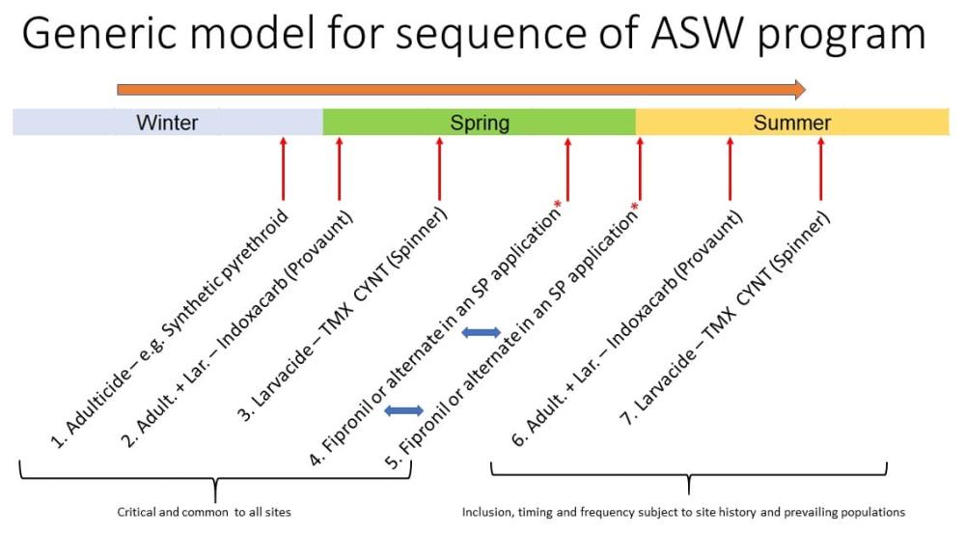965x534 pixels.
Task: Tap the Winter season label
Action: (167, 123)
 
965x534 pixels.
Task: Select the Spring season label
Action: (480, 123)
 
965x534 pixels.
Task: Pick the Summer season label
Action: (792, 123)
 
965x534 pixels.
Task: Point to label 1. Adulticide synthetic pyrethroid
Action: (169, 328)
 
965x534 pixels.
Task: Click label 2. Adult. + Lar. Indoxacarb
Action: (237, 329)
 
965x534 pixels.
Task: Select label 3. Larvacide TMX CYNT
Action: (343, 315)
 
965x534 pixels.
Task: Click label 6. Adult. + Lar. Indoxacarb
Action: (627, 327)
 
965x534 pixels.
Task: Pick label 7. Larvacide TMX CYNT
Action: (725, 318)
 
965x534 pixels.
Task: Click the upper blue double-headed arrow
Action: (481, 332)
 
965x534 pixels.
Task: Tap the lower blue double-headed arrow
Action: (403, 410)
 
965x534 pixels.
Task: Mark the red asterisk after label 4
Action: (558, 204)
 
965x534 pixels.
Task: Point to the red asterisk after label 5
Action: (635, 206)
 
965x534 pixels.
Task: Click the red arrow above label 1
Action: (283, 169)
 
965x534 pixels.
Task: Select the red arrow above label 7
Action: (820, 169)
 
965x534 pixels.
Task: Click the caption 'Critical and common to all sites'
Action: (204, 512)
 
